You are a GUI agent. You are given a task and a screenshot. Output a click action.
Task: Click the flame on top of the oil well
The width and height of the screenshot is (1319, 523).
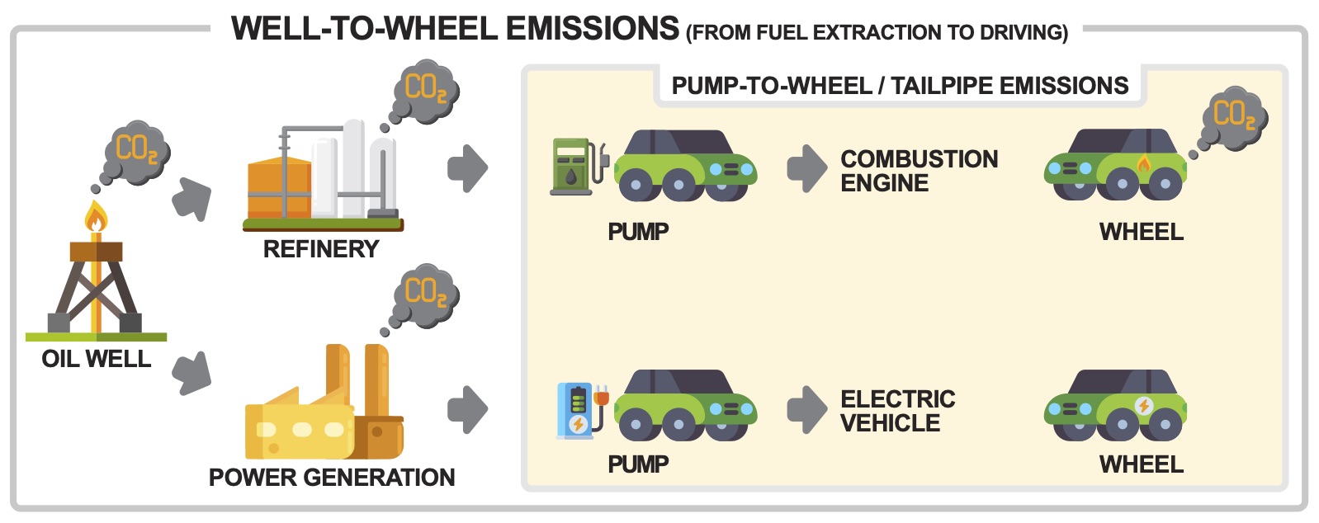point(96,216)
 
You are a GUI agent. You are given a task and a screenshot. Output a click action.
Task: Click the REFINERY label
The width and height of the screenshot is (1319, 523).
point(321,249)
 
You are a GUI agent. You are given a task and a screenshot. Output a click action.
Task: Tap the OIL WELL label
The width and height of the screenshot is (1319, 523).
point(96,359)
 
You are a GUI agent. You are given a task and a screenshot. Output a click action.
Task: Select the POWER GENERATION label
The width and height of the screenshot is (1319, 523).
point(332,478)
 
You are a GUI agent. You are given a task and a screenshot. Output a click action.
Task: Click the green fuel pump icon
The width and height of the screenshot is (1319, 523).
point(578,167)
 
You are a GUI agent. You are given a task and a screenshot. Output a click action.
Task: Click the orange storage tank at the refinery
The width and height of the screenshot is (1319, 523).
point(279,188)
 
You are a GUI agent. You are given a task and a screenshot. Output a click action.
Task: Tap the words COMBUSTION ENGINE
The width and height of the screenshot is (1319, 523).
point(920,171)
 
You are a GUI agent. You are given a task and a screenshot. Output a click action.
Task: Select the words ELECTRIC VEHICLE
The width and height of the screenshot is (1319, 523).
point(898,411)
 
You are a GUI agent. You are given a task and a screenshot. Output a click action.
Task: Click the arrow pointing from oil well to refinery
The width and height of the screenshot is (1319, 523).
point(192,199)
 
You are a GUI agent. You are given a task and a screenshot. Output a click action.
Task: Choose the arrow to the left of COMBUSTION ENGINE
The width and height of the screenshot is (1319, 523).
point(807,168)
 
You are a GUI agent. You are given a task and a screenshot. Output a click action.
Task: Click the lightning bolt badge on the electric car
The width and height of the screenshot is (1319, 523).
point(1143,406)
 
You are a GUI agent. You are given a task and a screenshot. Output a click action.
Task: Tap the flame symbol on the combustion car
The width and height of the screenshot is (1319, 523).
point(1143,163)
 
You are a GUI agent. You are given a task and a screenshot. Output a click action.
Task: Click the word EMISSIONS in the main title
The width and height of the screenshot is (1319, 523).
point(593,28)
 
